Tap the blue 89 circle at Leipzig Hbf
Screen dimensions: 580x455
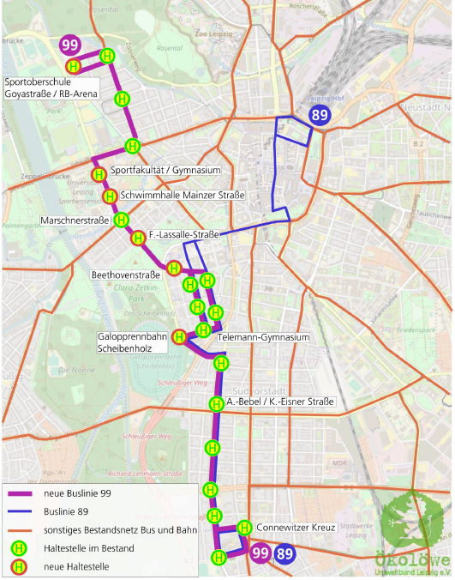pos(320,116)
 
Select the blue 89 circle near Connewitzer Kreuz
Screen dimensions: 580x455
pos(285,554)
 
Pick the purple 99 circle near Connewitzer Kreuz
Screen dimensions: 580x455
pos(261,554)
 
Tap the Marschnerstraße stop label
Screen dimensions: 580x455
pos(75,221)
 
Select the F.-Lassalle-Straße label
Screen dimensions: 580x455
pos(183,234)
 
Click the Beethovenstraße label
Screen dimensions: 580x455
pos(127,275)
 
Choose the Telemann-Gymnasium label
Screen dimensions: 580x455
pos(263,338)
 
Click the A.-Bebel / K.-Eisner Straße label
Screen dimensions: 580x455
pos(280,402)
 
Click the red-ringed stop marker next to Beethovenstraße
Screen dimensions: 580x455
pos(174,269)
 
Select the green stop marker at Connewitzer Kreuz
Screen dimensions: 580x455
pos(244,528)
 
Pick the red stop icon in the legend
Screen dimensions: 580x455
pos(17,566)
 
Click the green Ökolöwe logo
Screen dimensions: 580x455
pos(412,524)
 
